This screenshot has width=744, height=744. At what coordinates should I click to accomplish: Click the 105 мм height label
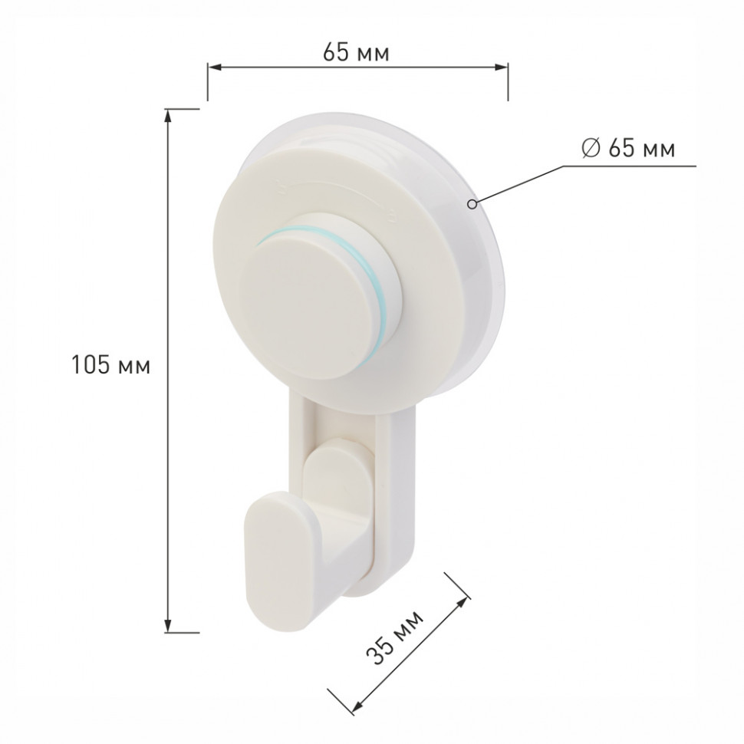[x=110, y=365]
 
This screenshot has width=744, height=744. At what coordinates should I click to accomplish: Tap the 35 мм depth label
[x=395, y=637]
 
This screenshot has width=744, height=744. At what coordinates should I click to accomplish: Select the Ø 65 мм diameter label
[x=627, y=149]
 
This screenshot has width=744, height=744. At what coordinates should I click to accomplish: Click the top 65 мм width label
[x=356, y=52]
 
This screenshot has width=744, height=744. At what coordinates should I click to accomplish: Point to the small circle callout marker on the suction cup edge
[x=472, y=204]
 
